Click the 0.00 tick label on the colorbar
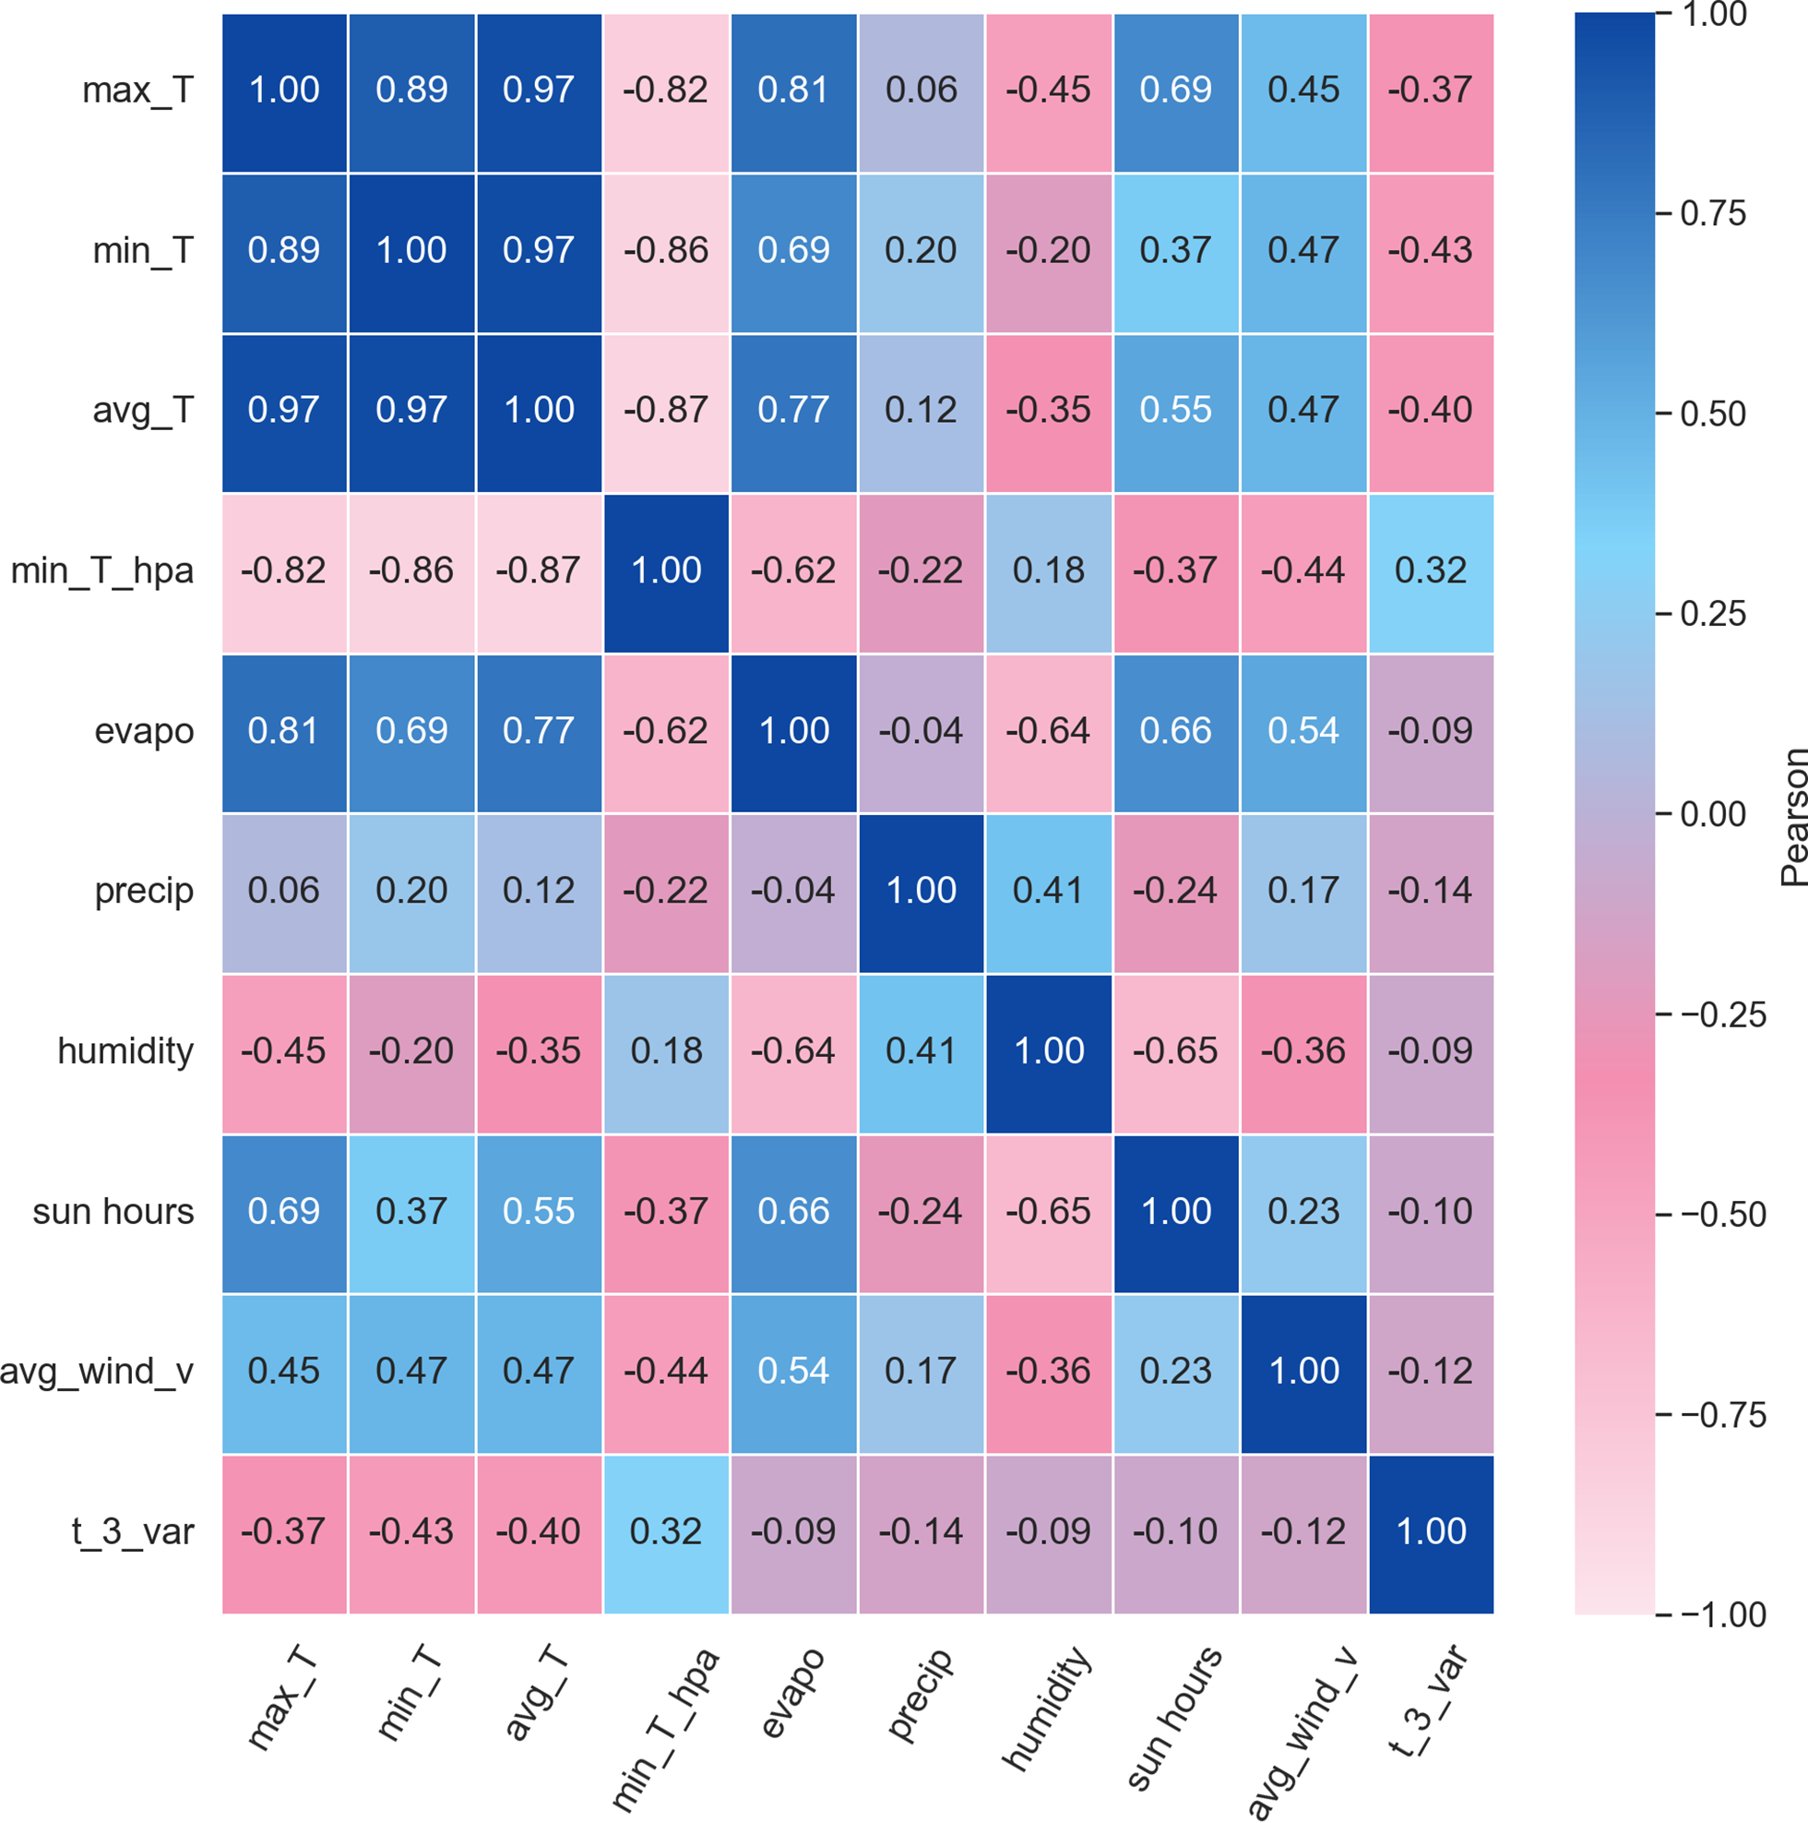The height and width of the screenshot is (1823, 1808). point(1713,814)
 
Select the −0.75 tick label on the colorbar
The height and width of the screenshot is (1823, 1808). point(1722,1415)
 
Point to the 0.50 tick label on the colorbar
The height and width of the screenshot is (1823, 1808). point(1713,414)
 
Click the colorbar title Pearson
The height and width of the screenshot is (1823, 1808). point(1793,816)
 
